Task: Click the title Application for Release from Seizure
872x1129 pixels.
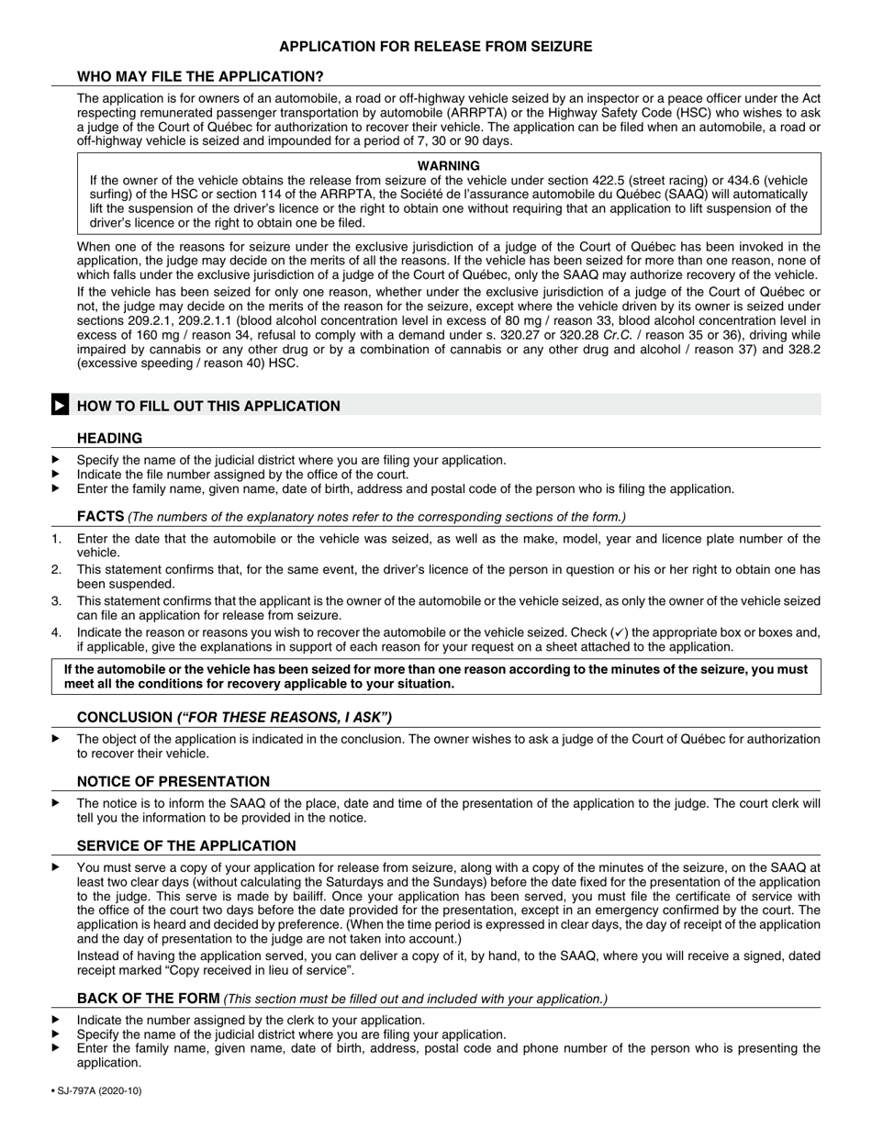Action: [x=435, y=46]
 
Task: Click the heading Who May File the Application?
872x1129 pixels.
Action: [x=200, y=76]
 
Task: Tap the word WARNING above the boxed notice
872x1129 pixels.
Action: [x=449, y=165]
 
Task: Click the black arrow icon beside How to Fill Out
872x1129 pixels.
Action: [x=59, y=405]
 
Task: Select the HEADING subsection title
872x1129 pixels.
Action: [x=109, y=439]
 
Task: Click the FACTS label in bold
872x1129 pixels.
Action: [x=100, y=517]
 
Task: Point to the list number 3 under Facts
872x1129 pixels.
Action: [x=56, y=600]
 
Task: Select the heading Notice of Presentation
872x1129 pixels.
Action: [x=173, y=781]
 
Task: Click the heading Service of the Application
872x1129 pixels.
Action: [x=186, y=845]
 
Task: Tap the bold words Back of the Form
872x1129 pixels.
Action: [x=148, y=998]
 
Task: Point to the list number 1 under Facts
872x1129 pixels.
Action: [x=56, y=538]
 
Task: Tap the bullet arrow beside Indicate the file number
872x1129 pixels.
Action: [x=56, y=475]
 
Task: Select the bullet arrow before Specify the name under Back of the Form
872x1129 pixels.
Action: [x=56, y=1034]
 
